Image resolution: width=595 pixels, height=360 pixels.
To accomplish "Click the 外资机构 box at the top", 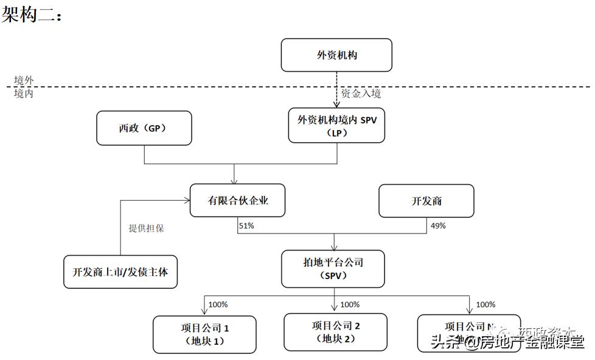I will coord(336,55).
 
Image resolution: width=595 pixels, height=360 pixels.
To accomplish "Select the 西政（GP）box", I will coord(144,128).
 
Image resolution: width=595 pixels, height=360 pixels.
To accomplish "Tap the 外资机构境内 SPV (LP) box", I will coord(336,126).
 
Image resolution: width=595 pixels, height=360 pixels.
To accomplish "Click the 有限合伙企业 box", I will coord(237,201).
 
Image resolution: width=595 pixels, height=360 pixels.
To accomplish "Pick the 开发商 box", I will coord(426,201).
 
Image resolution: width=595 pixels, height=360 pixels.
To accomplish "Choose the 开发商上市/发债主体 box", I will coord(120,271).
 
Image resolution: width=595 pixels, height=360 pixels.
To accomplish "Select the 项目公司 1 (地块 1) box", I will coord(204,334).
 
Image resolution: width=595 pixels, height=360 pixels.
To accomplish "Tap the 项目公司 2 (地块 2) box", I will coord(335,332).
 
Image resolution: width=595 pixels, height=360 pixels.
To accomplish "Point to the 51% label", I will coord(246,226).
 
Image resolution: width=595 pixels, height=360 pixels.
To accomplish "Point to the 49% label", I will coord(438,226).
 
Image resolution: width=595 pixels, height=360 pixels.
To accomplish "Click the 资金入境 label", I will coord(361,94).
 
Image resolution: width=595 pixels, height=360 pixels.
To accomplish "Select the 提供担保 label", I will coord(146,229).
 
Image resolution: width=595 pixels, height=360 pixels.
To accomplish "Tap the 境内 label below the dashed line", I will coord(24,94).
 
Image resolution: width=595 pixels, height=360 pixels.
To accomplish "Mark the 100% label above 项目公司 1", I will coord(218,305).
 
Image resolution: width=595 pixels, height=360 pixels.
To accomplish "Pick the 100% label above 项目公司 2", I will coord(349,305).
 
